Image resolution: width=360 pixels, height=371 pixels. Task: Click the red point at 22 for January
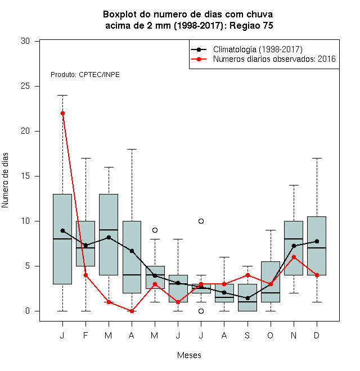click(x=62, y=114)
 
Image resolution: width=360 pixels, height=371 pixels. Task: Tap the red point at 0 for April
click(x=132, y=311)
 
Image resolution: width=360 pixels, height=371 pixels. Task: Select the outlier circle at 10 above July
click(x=201, y=221)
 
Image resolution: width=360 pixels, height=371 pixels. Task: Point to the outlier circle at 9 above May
click(x=155, y=230)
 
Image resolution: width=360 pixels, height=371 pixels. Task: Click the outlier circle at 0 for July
click(x=201, y=311)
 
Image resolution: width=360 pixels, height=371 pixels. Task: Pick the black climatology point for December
click(x=317, y=241)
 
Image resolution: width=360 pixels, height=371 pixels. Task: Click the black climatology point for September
click(x=247, y=298)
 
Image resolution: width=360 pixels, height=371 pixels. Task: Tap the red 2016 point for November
click(x=294, y=257)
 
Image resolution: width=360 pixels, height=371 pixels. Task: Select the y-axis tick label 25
click(x=25, y=86)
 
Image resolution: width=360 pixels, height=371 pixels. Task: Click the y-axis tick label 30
click(x=25, y=41)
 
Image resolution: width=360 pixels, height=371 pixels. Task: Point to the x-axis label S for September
click(x=247, y=336)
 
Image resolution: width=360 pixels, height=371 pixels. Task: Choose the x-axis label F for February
click(x=85, y=336)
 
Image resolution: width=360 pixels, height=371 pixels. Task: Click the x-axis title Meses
click(x=189, y=355)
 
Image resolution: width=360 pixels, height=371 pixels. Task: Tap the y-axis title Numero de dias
click(x=5, y=180)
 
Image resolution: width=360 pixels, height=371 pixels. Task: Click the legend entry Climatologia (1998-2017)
click(x=258, y=49)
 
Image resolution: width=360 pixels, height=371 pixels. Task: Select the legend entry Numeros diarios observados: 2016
click(x=274, y=59)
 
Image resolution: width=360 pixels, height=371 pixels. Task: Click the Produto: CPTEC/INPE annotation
click(x=85, y=75)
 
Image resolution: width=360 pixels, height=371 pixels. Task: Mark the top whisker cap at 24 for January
click(x=62, y=96)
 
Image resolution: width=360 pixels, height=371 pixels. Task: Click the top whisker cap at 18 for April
click(x=132, y=150)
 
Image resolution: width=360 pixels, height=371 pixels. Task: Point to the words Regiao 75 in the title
click(x=251, y=25)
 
